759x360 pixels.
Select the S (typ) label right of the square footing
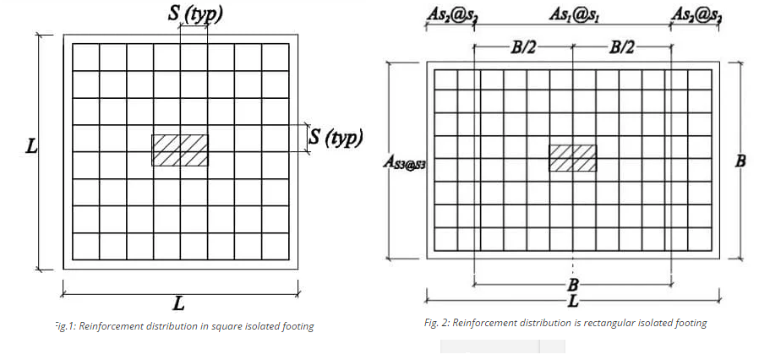tap(336, 137)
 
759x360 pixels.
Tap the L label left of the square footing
tap(30, 146)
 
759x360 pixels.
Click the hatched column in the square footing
tap(180, 150)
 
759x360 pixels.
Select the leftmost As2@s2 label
tap(450, 14)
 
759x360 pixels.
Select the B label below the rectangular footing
tap(573, 281)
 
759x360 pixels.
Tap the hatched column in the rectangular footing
tap(573, 158)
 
